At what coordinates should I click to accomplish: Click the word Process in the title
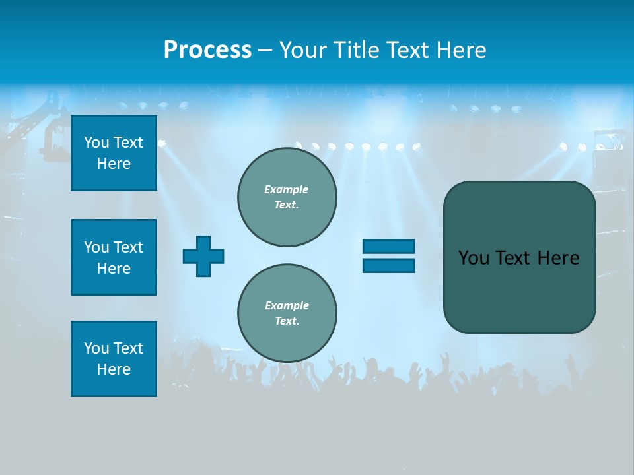pyautogui.click(x=207, y=50)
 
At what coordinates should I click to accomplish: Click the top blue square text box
pyautogui.click(x=114, y=153)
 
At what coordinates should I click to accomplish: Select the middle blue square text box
pyautogui.click(x=114, y=257)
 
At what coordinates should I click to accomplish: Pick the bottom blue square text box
pyautogui.click(x=114, y=359)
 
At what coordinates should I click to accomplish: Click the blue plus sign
pyautogui.click(x=203, y=256)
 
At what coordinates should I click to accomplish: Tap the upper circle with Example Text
pyautogui.click(x=287, y=197)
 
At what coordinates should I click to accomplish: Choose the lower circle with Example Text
pyautogui.click(x=287, y=313)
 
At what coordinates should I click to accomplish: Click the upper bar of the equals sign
pyautogui.click(x=388, y=246)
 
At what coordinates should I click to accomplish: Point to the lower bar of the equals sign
pyautogui.click(x=388, y=265)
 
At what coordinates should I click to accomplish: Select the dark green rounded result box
pyautogui.click(x=519, y=290)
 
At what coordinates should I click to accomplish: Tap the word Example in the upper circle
pyautogui.click(x=286, y=189)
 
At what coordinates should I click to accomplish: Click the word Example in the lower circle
pyautogui.click(x=287, y=305)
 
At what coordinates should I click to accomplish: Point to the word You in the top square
pyautogui.click(x=96, y=142)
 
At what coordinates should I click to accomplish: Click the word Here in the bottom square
pyautogui.click(x=114, y=369)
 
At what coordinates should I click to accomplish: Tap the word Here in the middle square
pyautogui.click(x=114, y=269)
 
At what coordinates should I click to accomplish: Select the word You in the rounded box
pyautogui.click(x=474, y=258)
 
